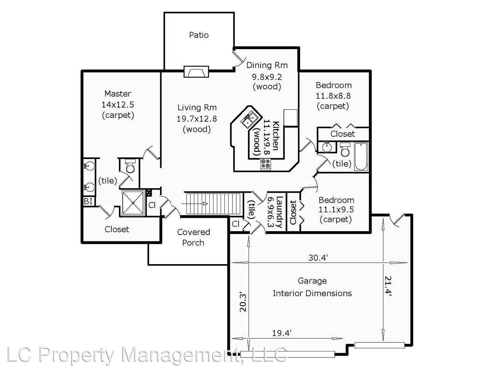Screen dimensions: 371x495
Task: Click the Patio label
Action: (x=199, y=35)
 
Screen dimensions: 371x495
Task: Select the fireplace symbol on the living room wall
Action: (x=196, y=71)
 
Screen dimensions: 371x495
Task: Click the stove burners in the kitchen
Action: (x=265, y=164)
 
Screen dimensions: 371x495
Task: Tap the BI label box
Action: (x=88, y=201)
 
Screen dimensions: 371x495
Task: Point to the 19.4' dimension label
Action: (x=282, y=333)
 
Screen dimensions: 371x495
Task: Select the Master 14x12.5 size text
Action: (x=118, y=104)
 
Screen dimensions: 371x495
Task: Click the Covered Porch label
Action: (x=193, y=237)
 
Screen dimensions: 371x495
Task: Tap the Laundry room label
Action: (x=279, y=212)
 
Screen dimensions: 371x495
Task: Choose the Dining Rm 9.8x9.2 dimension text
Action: (x=267, y=77)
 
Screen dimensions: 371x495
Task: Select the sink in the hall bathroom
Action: (x=325, y=147)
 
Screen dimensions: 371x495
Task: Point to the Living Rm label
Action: (x=197, y=108)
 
